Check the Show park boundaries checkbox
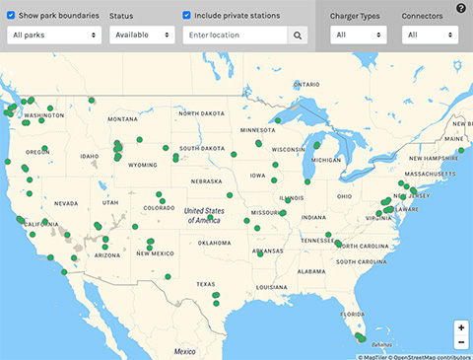pyautogui.click(x=11, y=16)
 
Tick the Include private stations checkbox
pyautogui.click(x=187, y=16)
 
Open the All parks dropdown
pyautogui.click(x=55, y=35)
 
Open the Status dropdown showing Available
pyautogui.click(x=143, y=35)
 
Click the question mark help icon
pyautogui.click(x=461, y=8)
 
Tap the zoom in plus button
pyautogui.click(x=461, y=326)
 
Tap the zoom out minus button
pyautogui.click(x=461, y=341)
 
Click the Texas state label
pyautogui.click(x=205, y=284)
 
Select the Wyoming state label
pyautogui.click(x=143, y=165)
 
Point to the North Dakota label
pyautogui.click(x=201, y=113)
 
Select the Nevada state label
pyautogui.click(x=66, y=203)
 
